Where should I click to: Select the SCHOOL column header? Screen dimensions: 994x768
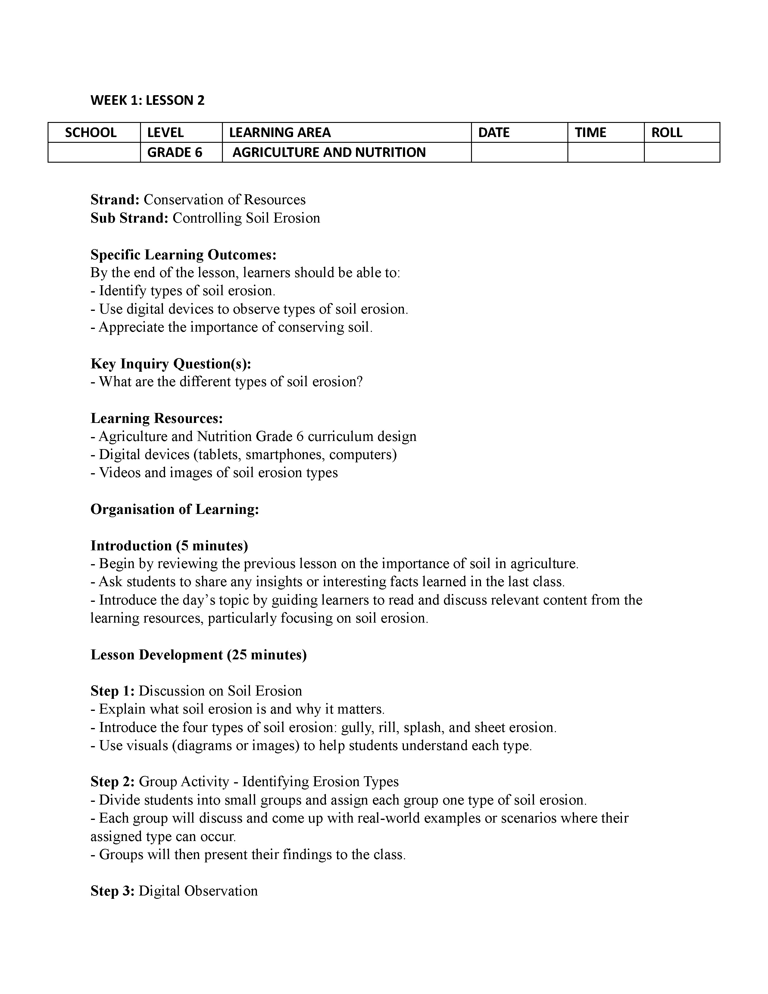point(91,133)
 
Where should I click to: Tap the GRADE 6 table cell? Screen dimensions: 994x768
point(175,152)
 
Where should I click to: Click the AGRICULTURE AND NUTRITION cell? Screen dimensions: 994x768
point(329,152)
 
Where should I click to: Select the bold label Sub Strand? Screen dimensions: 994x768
point(130,218)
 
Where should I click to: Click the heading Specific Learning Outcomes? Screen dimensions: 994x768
point(183,255)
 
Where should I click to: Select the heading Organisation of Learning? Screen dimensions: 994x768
point(175,509)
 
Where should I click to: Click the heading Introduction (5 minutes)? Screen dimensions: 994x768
point(169,546)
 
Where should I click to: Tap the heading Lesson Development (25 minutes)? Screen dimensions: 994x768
point(198,655)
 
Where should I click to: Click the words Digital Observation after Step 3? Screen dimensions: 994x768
point(198,891)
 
